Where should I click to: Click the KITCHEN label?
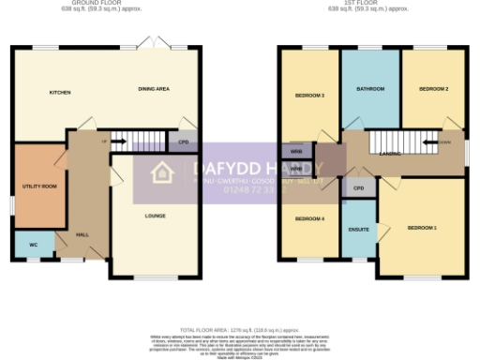60,93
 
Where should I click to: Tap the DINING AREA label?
153,89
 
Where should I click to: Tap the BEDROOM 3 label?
309,96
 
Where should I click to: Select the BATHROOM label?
370,89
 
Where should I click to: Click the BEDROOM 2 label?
433,89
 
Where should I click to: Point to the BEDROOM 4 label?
309,218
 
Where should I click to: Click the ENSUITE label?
358,228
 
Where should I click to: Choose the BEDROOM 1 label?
422,228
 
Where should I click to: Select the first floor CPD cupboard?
358,187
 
